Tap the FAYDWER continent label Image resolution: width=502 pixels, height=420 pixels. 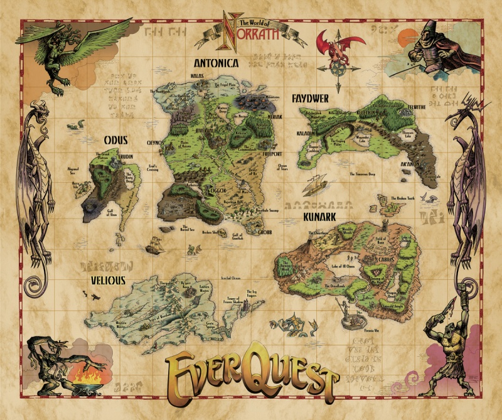click(x=311, y=98)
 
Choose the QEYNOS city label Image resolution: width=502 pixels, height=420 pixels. click(x=155, y=143)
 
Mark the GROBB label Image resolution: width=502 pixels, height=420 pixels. click(x=265, y=231)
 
